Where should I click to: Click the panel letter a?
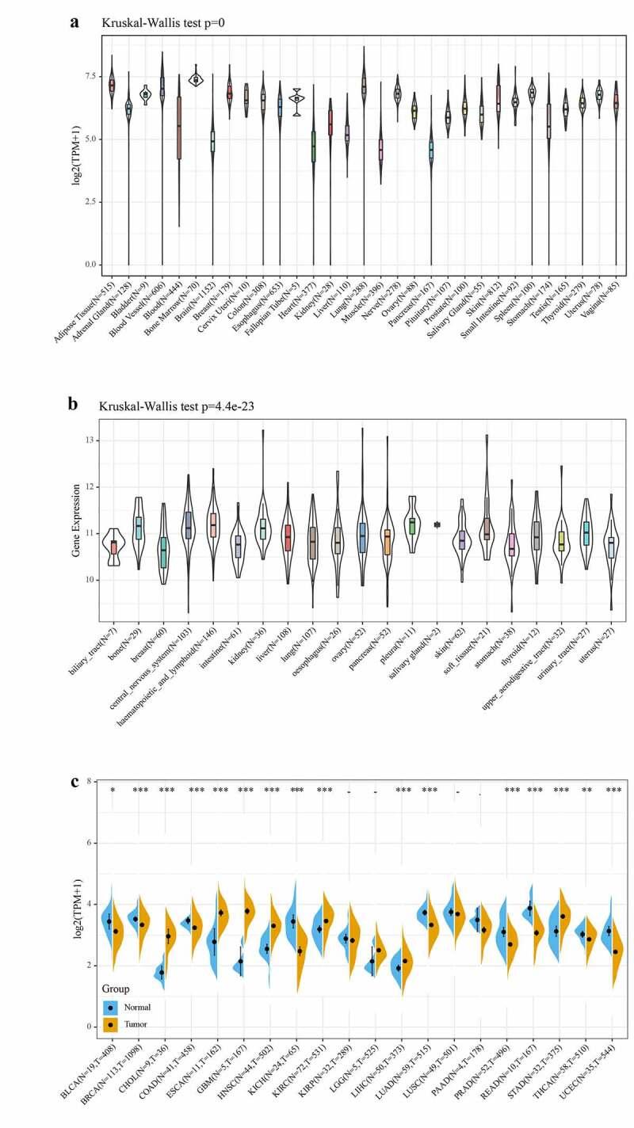(x=74, y=21)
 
